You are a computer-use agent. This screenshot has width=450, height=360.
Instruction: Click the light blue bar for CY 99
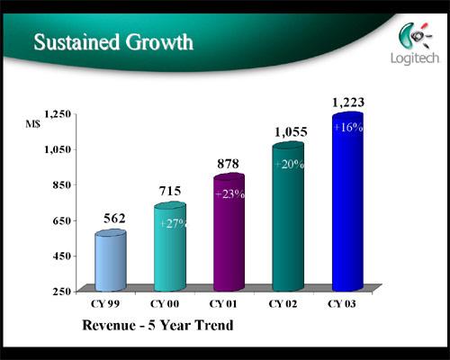(111, 260)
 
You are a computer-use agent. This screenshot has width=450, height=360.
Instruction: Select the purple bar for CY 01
(229, 232)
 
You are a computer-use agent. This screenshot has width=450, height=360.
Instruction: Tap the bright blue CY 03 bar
(348, 202)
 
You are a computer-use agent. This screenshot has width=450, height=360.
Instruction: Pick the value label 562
(114, 219)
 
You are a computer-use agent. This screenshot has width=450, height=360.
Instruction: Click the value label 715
(170, 191)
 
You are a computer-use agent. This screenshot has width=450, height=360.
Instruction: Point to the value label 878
(229, 164)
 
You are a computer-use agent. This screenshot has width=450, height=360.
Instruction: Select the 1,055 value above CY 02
(291, 132)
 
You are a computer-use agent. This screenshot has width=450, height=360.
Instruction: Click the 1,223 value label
(348, 103)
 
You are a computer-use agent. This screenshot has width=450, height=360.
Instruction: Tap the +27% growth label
(173, 223)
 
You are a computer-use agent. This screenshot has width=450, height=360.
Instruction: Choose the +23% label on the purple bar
(230, 194)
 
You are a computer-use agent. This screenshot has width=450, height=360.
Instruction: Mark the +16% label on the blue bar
(348, 128)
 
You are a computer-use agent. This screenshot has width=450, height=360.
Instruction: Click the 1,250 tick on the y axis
(58, 114)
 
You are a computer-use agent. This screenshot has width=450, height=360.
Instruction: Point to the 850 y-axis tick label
(62, 184)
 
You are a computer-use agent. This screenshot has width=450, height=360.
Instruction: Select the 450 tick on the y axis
(62, 256)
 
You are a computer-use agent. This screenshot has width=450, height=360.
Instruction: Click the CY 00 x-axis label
(165, 304)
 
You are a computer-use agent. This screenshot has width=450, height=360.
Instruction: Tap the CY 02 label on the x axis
(283, 304)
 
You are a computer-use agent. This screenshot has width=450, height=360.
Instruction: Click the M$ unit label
(32, 124)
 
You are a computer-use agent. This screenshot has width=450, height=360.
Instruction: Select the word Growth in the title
(159, 42)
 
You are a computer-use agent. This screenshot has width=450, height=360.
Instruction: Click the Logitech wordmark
(415, 58)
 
